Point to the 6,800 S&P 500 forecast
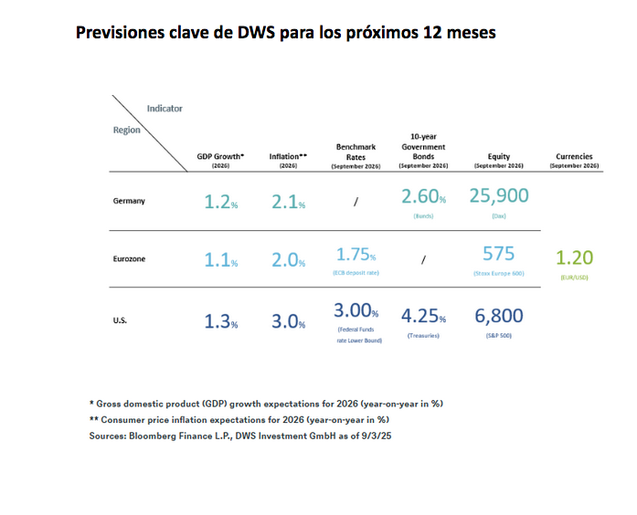499,316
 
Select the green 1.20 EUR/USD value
574,257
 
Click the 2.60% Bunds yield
423,195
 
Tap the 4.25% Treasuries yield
423,317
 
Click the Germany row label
129,201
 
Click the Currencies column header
574,156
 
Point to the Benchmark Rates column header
356,151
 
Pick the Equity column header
499,156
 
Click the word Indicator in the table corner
165,108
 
